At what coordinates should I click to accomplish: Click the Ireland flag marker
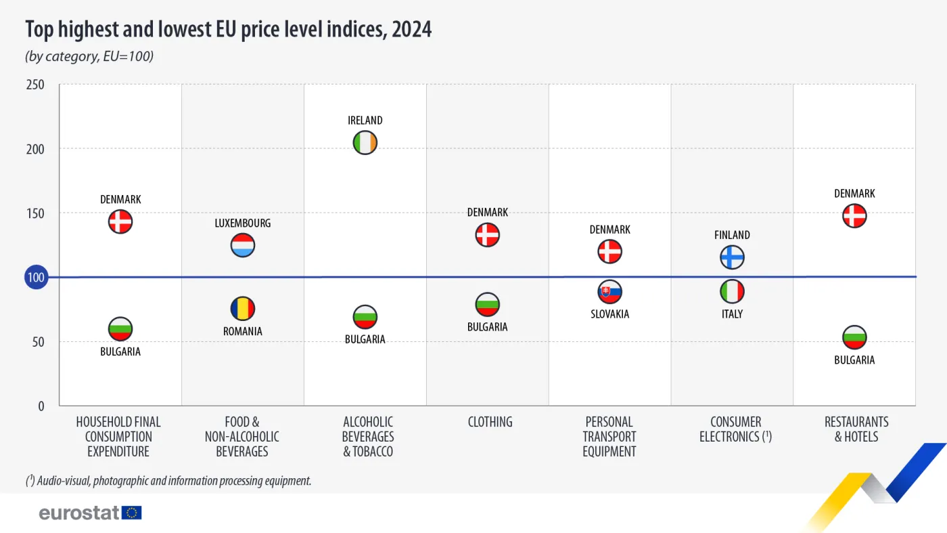[365, 143]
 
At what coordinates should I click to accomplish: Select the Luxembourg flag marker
[243, 245]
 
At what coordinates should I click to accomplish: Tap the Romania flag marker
[243, 309]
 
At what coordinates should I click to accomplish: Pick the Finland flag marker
[732, 257]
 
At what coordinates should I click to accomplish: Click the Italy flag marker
[732, 292]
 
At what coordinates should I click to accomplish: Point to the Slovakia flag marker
[609, 292]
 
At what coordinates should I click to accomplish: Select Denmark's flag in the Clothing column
[488, 235]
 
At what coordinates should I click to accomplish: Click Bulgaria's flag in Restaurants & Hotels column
[854, 337]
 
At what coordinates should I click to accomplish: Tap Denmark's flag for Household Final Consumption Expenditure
[120, 221]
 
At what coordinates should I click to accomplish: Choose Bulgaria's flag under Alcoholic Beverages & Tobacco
[365, 316]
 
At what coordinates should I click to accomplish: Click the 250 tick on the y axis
[36, 85]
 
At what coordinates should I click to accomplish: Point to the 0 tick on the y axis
[41, 406]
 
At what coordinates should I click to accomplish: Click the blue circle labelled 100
[36, 278]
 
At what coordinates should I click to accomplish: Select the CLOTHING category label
[490, 422]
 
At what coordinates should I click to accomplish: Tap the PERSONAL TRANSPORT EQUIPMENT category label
[609, 437]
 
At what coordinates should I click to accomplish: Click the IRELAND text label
[365, 121]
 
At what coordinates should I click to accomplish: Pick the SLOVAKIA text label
[609, 314]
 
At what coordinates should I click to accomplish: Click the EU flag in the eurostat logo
[132, 513]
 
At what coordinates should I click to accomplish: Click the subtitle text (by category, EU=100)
[89, 56]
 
